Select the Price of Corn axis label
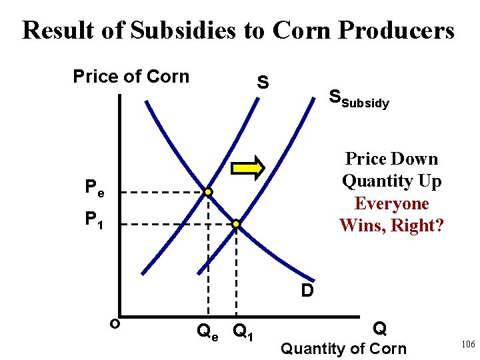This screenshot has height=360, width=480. tap(131, 77)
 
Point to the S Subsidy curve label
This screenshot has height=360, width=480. tap(359, 100)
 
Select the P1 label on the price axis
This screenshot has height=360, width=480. tap(94, 219)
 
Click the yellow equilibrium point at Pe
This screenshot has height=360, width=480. tap(209, 192)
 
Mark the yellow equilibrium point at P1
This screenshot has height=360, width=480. tap(235, 224)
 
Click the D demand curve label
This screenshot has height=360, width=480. tap(307, 291)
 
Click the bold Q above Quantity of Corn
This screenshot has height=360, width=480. tap(379, 328)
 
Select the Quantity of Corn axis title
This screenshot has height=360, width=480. tap(343, 348)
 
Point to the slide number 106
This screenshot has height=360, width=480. tap(467, 343)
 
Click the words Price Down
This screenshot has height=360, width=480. tap(391, 159)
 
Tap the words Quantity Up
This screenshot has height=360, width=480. tap(391, 181)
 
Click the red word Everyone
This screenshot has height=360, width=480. tap(391, 203)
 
